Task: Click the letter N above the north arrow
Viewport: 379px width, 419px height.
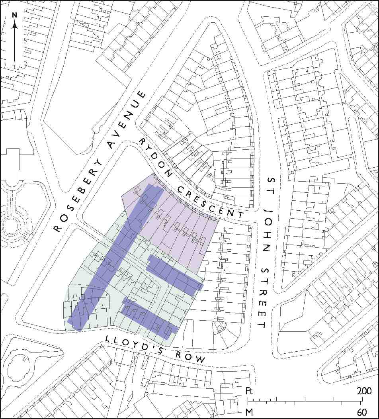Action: point(15,15)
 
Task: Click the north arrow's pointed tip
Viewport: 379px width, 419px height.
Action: point(15,22)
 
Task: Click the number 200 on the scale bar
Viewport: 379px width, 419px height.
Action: point(364,390)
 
